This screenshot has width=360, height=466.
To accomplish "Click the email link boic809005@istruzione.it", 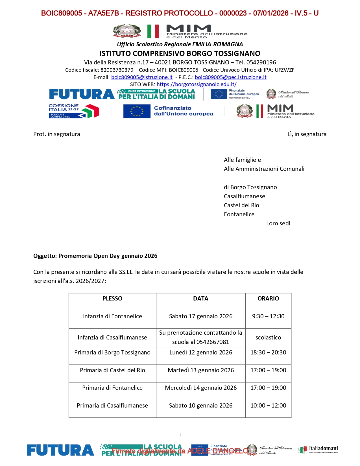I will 142,77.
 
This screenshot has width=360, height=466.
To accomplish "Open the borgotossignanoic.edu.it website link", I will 197,84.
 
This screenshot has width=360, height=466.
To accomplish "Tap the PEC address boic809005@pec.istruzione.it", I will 230,77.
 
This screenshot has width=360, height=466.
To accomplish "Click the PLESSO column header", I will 112,299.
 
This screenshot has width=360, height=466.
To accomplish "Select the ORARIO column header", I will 268,299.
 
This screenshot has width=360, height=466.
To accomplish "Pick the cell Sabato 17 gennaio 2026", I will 201,316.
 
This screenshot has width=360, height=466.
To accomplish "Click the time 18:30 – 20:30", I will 268,352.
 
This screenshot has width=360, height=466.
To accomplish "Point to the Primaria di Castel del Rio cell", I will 112,370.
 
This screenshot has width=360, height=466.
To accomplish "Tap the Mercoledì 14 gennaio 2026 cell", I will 201,388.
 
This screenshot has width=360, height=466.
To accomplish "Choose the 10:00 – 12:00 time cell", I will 268,406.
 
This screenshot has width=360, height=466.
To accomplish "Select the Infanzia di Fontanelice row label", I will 112,316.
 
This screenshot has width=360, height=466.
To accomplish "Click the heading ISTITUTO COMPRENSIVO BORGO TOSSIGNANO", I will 180,53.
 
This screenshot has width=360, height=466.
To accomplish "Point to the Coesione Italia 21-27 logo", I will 74,111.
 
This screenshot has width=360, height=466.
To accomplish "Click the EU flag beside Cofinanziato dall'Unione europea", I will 137,111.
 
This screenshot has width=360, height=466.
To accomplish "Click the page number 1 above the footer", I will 180,435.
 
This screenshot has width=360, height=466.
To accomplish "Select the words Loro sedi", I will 278,223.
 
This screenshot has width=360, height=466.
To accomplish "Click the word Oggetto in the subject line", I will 45,256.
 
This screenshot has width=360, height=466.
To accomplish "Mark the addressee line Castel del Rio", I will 241,205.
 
